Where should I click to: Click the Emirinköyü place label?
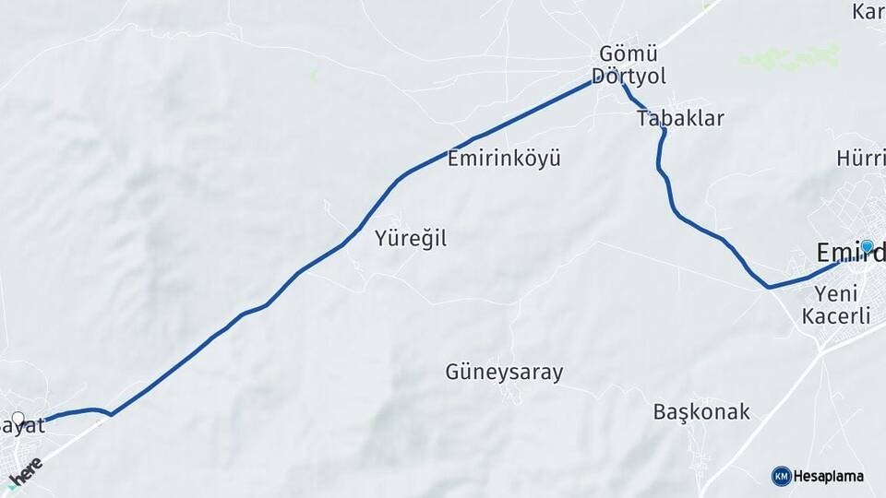click(x=503, y=158)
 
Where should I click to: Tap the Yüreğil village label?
click(x=411, y=238)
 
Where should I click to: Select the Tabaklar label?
click(x=680, y=118)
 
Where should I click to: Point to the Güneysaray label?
click(x=504, y=373)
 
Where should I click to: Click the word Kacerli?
click(x=836, y=316)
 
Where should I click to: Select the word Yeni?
click(x=837, y=293)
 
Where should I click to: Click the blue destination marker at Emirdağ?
click(x=867, y=246)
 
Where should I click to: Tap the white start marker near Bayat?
click(x=18, y=418)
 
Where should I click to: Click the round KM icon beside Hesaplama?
click(x=781, y=476)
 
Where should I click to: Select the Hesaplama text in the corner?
click(x=829, y=476)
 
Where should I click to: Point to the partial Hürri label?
click(x=860, y=158)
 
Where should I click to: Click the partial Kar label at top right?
click(x=868, y=12)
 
